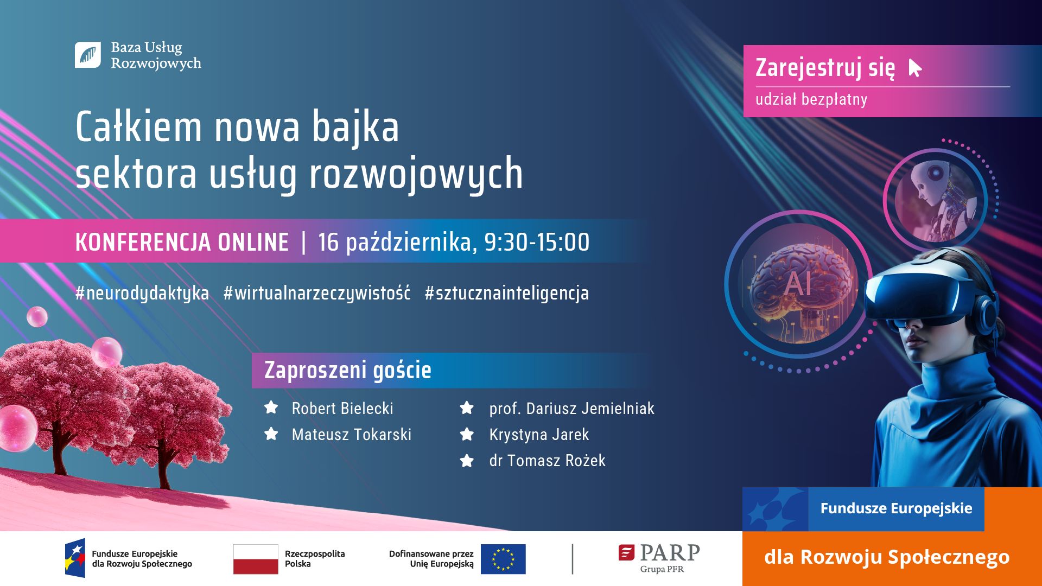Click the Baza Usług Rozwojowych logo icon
tap(87, 55)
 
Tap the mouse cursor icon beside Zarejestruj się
tap(915, 68)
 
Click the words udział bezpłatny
tap(811, 99)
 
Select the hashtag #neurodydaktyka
tap(142, 293)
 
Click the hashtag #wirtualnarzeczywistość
tap(317, 293)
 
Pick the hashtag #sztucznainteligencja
tap(507, 293)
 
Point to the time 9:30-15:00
tap(537, 242)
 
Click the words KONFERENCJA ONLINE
tap(182, 242)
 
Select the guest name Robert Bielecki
tap(342, 408)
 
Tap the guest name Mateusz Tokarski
tap(352, 434)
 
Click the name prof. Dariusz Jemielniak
tap(572, 408)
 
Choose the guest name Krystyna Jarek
tap(539, 434)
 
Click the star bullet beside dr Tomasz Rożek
tap(467, 461)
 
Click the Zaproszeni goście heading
tap(348, 370)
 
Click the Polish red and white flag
tap(256, 559)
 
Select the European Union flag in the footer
tap(503, 559)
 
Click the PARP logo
tap(659, 558)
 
